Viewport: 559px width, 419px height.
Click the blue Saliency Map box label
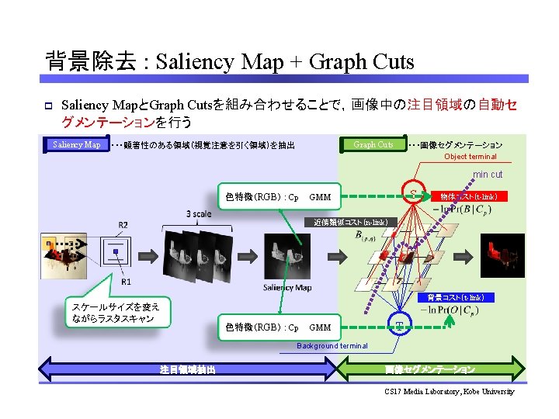pos(77,144)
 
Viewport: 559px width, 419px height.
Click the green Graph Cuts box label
pos(373,144)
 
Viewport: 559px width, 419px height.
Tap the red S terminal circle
pos(415,193)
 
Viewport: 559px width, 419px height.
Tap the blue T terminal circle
pos(399,324)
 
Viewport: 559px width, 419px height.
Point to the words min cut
pos(488,175)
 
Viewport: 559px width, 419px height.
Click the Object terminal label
pos(470,157)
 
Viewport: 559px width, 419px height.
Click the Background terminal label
pos(332,345)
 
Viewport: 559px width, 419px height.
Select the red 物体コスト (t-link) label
pos(468,196)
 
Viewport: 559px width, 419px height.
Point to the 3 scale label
pos(198,214)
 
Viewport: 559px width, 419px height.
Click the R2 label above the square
pos(123,226)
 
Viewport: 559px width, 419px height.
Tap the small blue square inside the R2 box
pos(116,254)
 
